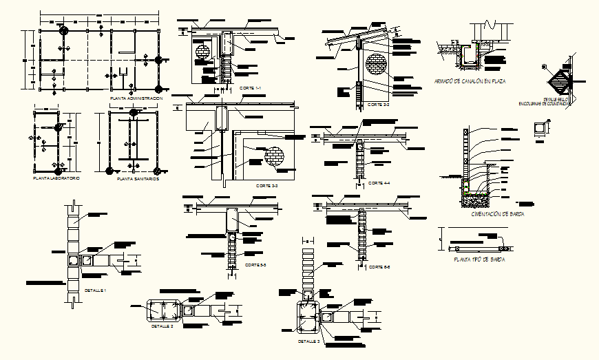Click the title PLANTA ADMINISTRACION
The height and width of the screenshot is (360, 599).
tap(136, 99)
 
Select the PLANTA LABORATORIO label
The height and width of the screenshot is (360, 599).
tap(56, 178)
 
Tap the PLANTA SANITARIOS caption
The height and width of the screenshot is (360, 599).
tap(138, 178)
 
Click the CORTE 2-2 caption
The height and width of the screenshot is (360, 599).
tap(378, 105)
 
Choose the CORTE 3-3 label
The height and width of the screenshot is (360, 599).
tap(266, 186)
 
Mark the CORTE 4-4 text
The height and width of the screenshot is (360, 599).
tap(379, 183)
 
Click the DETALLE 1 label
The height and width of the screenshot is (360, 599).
tap(95, 290)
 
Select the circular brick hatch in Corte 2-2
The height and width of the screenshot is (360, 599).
tap(377, 64)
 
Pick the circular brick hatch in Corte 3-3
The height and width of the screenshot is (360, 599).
tap(274, 156)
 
